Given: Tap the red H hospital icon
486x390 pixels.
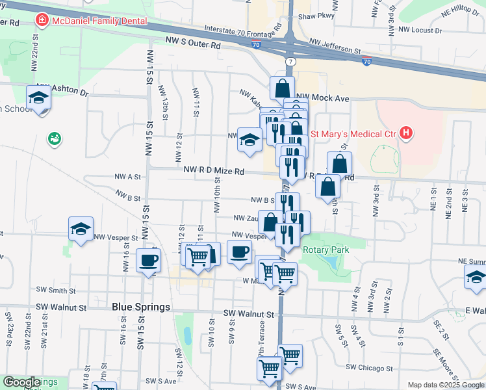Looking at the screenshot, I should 407,134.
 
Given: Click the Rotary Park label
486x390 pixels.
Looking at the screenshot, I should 326,250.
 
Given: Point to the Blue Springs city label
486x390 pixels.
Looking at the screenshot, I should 141,307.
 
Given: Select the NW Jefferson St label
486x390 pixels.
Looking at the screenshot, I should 335,45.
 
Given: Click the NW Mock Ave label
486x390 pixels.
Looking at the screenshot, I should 329,98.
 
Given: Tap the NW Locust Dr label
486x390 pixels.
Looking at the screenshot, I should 420,30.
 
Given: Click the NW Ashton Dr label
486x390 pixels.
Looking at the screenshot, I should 62,90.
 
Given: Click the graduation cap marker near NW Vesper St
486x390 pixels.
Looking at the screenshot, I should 81,229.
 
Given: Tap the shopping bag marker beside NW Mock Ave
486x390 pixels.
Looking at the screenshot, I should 283,88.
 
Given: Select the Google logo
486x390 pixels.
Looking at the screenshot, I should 21,382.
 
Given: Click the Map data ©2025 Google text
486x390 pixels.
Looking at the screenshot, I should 446,385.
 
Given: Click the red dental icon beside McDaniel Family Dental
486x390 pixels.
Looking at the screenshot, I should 43,20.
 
